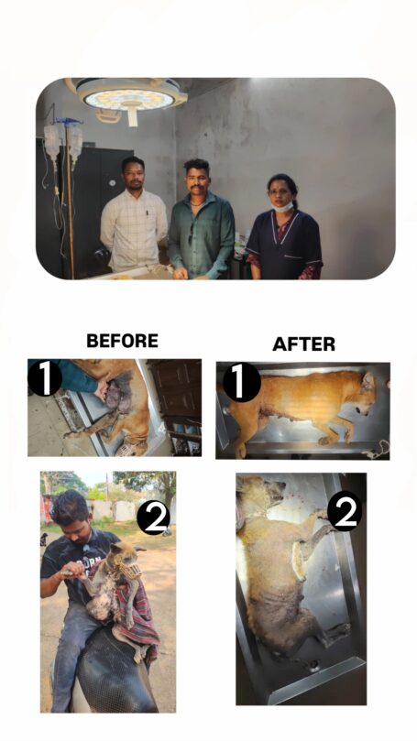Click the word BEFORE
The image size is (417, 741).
[x=122, y=340]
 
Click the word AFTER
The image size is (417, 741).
[x=303, y=344]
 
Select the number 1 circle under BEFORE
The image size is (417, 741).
[x=44, y=377]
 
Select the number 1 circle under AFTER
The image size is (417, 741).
[x=242, y=382]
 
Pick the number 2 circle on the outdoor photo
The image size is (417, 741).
[x=153, y=519]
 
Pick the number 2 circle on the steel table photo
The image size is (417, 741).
[x=345, y=511]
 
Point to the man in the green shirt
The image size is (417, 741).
[x=201, y=220]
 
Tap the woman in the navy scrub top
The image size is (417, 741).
[x=283, y=228]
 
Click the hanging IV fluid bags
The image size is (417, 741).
[x=63, y=142]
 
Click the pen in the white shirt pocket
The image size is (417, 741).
[x=147, y=213]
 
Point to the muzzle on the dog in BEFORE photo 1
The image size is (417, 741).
[x=127, y=447]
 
